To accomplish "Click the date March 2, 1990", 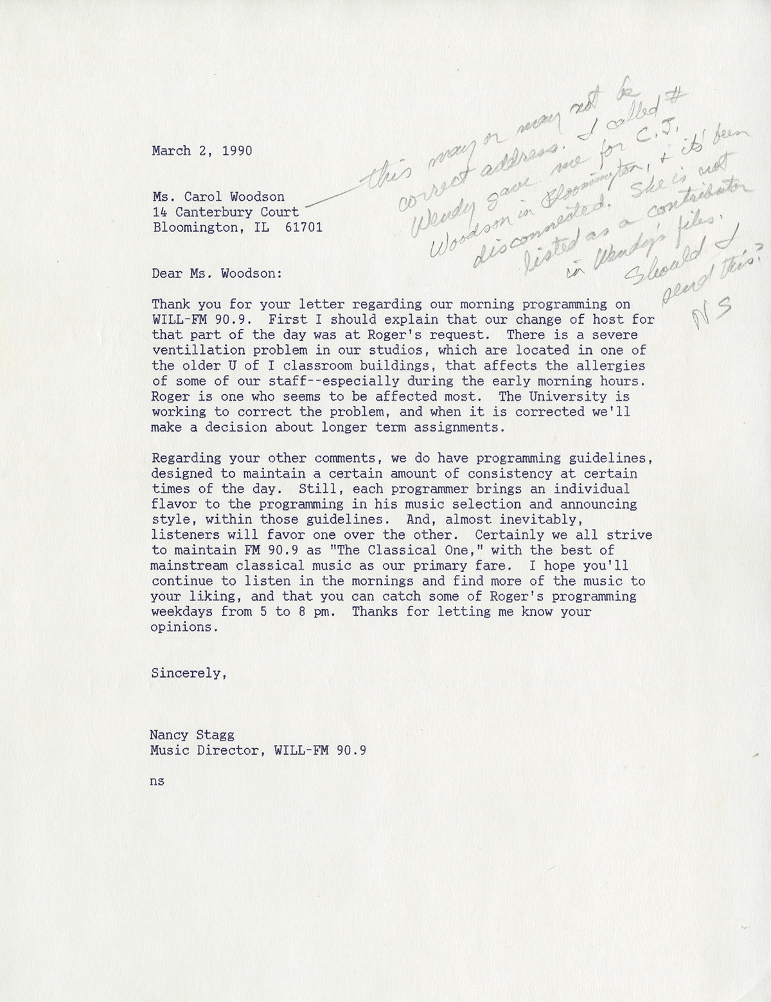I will (x=202, y=152).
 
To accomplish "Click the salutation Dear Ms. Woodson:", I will (x=217, y=273).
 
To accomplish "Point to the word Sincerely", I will (x=188, y=674).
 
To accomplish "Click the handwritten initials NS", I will (x=704, y=315).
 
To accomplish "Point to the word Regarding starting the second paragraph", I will (x=182, y=459).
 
